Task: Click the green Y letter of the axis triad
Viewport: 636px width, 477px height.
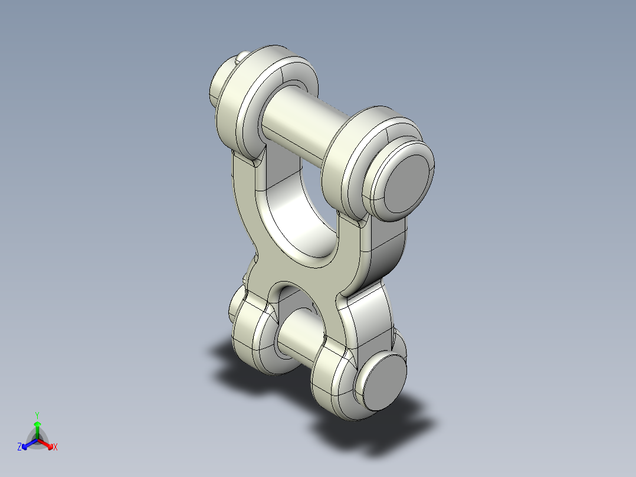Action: tap(37, 414)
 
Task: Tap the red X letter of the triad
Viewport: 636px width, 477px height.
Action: tap(55, 447)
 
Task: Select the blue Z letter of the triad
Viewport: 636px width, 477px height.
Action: tap(19, 447)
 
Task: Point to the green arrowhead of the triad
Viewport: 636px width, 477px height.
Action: tap(37, 424)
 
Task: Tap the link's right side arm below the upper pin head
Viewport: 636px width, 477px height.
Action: tap(383, 248)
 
